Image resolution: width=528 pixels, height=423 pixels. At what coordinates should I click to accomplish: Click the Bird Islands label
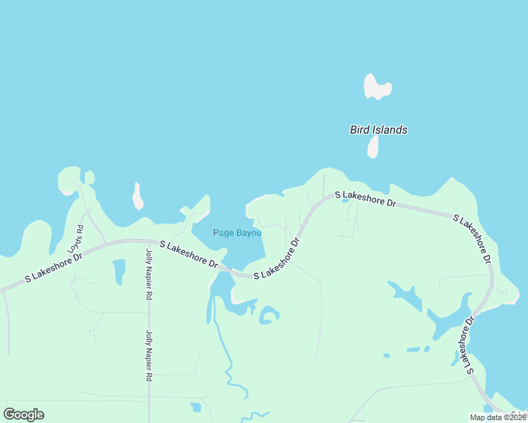point(378,130)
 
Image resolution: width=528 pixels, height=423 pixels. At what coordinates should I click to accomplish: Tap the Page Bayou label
point(238,233)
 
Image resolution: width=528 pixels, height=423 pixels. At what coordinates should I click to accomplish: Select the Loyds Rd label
point(76,239)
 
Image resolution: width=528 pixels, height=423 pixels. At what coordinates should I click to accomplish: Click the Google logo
point(23,415)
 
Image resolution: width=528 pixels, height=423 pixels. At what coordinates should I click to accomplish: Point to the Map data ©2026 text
point(497,417)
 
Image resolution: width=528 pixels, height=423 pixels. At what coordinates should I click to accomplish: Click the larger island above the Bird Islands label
point(376,87)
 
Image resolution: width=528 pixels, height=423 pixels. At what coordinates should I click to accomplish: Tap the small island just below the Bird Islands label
point(373,147)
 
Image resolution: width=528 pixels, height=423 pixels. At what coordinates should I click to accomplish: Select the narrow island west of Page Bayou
point(138,196)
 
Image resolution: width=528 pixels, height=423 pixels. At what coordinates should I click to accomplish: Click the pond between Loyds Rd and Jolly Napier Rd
point(119,271)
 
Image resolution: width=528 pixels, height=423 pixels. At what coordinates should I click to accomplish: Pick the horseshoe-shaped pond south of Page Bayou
point(268,314)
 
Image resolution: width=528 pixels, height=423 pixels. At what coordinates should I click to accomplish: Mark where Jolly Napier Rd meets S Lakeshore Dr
point(149,241)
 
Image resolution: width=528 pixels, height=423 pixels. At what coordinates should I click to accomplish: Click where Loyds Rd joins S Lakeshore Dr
point(105,242)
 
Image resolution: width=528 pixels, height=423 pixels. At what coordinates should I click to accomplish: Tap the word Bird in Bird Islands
point(359,130)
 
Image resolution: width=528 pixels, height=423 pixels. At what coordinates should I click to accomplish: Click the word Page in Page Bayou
point(222,233)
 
